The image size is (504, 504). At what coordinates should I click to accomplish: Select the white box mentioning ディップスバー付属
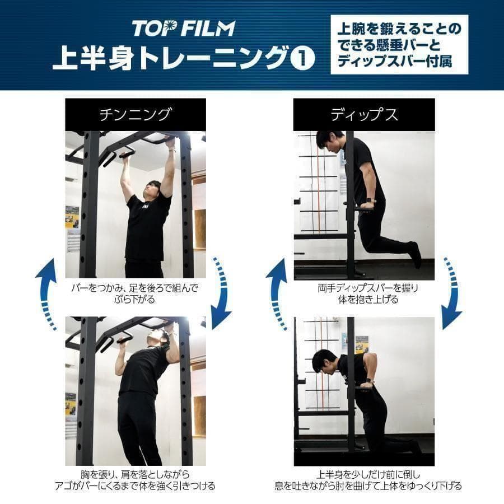[399, 45]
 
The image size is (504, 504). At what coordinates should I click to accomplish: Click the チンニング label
[135, 115]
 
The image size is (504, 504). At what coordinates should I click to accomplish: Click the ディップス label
[364, 115]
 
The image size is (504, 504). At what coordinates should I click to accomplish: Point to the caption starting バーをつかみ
[135, 293]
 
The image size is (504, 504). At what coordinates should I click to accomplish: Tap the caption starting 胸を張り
[135, 480]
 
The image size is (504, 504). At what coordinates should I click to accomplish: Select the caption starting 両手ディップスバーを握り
[364, 293]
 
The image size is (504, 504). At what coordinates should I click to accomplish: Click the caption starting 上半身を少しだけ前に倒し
[364, 480]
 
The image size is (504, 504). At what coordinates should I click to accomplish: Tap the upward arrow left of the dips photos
[276, 294]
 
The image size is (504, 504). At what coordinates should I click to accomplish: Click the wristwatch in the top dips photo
[370, 200]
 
